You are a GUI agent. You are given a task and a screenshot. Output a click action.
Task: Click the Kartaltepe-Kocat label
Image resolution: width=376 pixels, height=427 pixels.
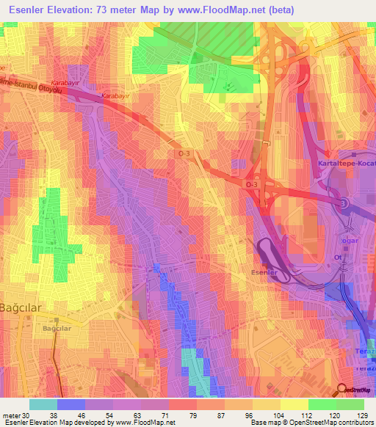[345, 163]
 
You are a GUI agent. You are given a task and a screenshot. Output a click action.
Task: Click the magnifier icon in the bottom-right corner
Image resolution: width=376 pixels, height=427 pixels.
[341, 390]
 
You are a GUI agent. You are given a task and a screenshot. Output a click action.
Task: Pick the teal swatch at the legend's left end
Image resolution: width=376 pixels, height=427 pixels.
[43, 404]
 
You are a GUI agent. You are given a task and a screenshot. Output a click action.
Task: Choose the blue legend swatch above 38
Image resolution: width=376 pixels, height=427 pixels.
[70, 404]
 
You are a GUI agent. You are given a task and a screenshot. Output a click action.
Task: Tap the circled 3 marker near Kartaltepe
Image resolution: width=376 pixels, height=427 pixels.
[341, 202]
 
